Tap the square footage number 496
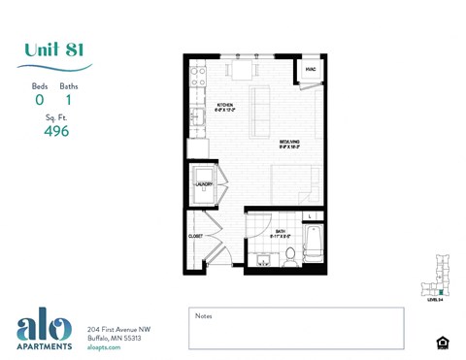[x=55, y=131]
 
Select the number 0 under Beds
[x=40, y=99]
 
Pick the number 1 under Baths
[x=69, y=99]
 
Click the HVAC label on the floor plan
[x=310, y=70]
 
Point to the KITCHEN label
[x=224, y=104]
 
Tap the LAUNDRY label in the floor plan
[x=204, y=183]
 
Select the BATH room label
[x=279, y=231]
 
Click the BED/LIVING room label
[x=289, y=142]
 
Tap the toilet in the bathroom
[x=289, y=256]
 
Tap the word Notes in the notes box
[x=203, y=315]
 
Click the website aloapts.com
[x=104, y=346]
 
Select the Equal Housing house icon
[x=443, y=343]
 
